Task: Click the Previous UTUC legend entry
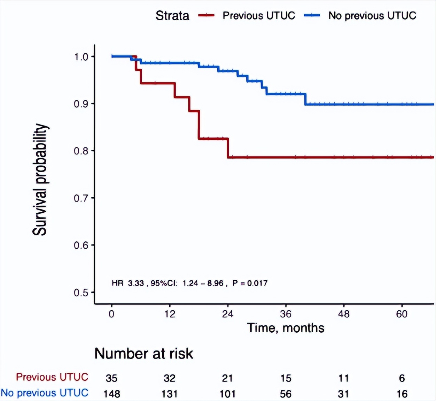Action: coord(258,16)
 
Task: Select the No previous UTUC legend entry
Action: coord(372,16)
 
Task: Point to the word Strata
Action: coord(172,16)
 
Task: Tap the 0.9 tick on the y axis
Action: coord(81,104)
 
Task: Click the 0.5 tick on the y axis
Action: coord(81,293)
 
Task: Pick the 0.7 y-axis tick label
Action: coord(81,198)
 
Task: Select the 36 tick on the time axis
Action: coord(286,314)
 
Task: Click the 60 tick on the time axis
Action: coord(402,314)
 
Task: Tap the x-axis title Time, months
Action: coord(286,328)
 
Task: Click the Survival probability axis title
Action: coord(40,180)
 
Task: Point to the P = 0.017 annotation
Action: coord(250,283)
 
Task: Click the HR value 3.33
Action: coord(136,283)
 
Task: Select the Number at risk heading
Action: coord(143,354)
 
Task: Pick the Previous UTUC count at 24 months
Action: coord(227,378)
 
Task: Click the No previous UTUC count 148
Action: coord(111,394)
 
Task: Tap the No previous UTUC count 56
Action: coord(286,394)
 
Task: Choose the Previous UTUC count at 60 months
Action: coord(402,378)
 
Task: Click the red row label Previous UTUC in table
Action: coord(52,377)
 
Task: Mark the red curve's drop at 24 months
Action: coord(228,148)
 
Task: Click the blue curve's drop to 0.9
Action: coord(305,99)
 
